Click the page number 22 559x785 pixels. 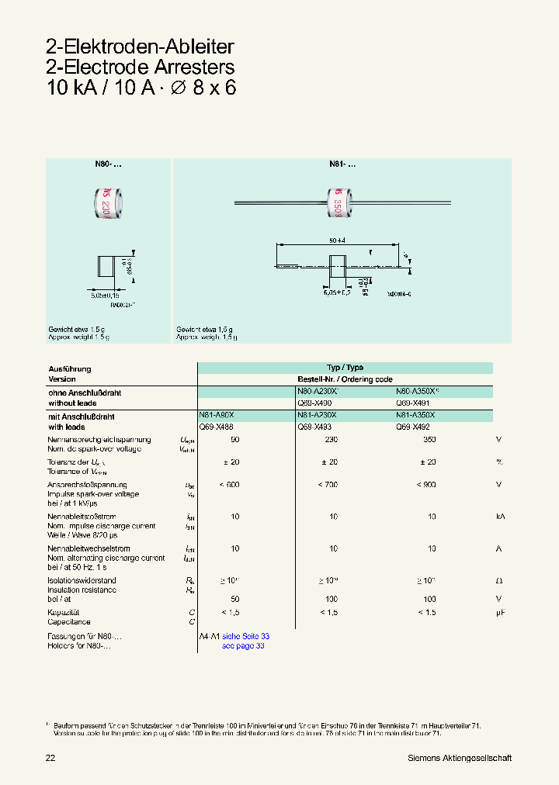51,758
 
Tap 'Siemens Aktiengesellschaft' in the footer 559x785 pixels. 459,758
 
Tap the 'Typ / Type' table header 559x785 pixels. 345,368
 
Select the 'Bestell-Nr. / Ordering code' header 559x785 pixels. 345,379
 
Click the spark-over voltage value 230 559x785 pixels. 332,440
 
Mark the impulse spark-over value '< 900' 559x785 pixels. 425,484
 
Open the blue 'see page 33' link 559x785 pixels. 243,646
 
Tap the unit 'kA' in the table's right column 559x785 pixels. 501,516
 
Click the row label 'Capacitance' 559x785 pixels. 69,622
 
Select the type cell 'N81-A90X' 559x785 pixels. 216,416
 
